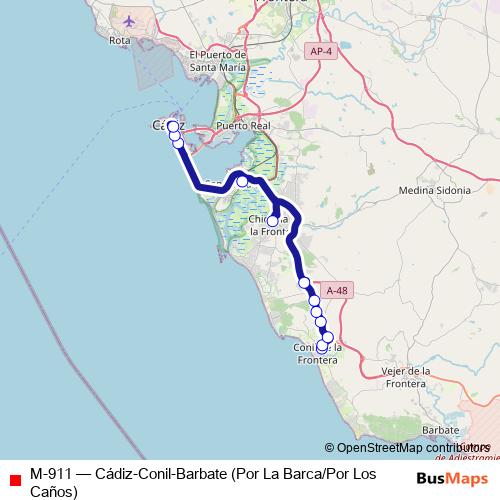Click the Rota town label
(120, 41)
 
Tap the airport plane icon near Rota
(129, 20)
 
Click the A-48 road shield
(337, 290)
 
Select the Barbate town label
(441, 428)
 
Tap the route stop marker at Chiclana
(272, 220)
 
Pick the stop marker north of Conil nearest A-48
(304, 283)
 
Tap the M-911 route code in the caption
(51, 473)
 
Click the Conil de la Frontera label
(320, 354)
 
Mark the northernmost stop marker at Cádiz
(172, 126)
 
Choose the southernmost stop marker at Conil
(322, 346)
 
